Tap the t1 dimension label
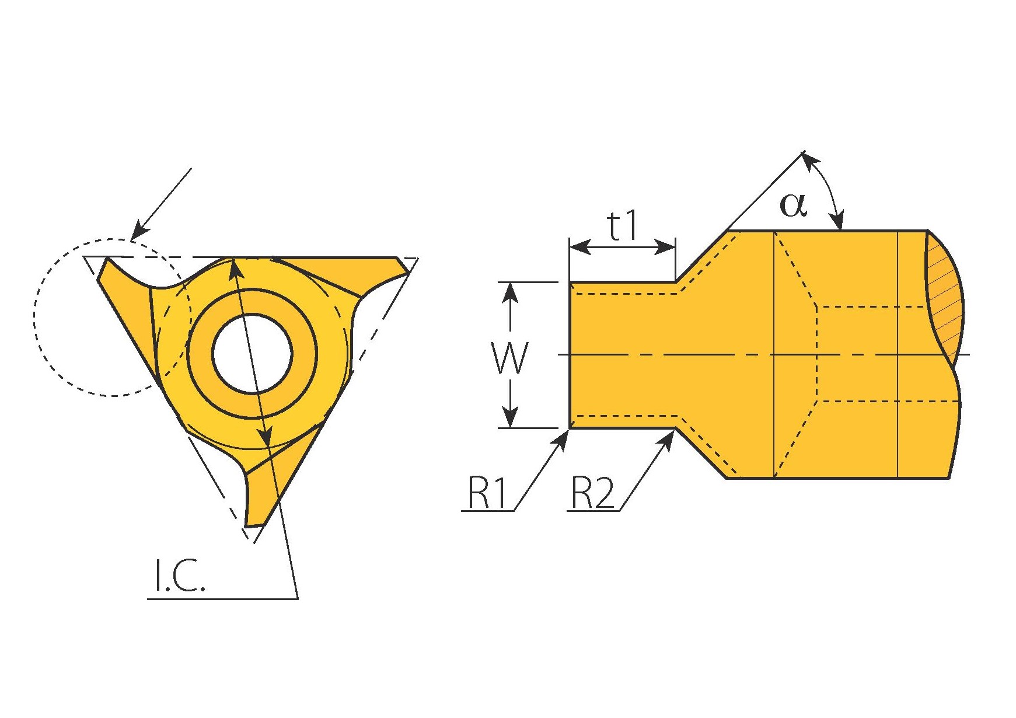(623, 226)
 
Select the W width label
(510, 357)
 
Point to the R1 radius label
(488, 493)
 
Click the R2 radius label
(592, 493)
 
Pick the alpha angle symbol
(794, 205)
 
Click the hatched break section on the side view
(945, 304)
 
